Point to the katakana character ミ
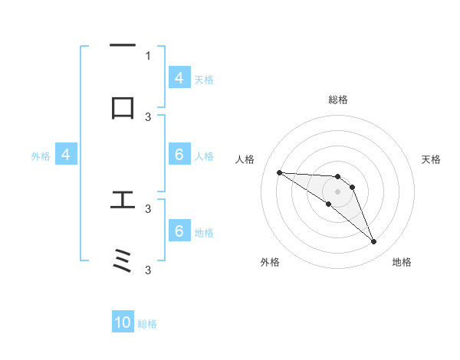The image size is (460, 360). [x=123, y=262]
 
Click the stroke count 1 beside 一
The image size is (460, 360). [x=148, y=55]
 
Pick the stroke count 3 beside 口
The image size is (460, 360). [x=148, y=116]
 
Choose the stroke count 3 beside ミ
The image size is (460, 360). [x=148, y=270]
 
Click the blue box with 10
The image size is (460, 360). [x=123, y=323]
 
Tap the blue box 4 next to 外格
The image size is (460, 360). [x=66, y=155]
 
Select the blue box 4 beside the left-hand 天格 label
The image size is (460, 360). [x=179, y=78]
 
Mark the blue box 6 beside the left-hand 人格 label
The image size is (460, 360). [x=179, y=155]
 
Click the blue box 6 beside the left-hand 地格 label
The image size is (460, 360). [x=179, y=231]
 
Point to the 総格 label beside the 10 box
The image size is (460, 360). [x=147, y=324]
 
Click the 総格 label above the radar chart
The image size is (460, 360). [x=337, y=100]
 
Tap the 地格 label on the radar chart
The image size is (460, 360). [x=402, y=262]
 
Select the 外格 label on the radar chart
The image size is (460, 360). [x=270, y=262]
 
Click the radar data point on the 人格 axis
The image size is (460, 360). [x=279, y=172]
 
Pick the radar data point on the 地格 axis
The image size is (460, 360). [x=373, y=242]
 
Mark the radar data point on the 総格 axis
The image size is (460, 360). [x=337, y=177]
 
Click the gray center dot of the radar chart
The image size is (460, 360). [x=337, y=191]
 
